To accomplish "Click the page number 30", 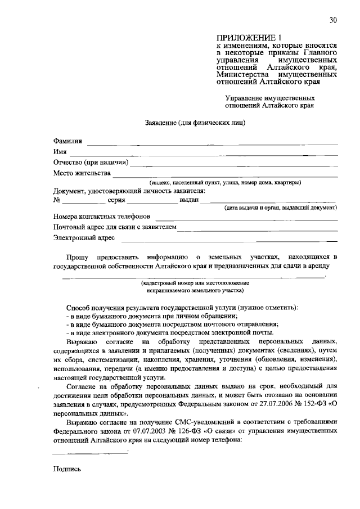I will tap(334, 21).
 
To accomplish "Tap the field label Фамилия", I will tap(67, 141).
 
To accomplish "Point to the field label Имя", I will tap(60, 152).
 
